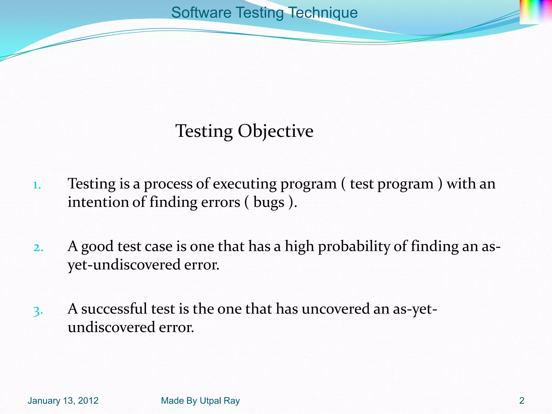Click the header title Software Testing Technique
[x=264, y=13]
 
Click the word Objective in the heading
[x=275, y=131]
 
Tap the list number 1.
[x=36, y=185]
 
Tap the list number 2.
[x=38, y=248]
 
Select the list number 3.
[x=38, y=311]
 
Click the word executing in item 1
[x=245, y=184]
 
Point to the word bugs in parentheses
[x=269, y=202]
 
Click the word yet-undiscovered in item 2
[x=124, y=265]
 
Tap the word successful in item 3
[x=114, y=309]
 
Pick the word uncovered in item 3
[x=336, y=309]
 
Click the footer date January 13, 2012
[x=63, y=401]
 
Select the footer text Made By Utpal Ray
[x=200, y=401]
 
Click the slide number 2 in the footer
[x=522, y=401]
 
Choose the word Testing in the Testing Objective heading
[x=204, y=131]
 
